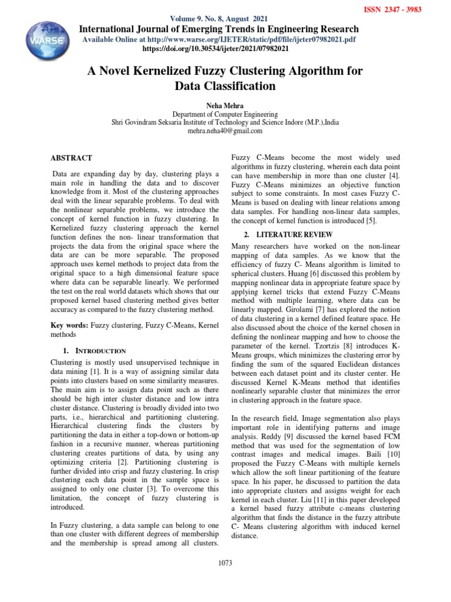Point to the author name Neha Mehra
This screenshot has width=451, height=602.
tap(225, 106)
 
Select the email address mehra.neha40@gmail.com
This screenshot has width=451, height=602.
tap(225, 131)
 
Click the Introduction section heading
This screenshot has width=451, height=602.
tap(92, 350)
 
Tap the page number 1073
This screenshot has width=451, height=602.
tap(225, 563)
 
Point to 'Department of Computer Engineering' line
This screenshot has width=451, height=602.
tap(225, 115)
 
